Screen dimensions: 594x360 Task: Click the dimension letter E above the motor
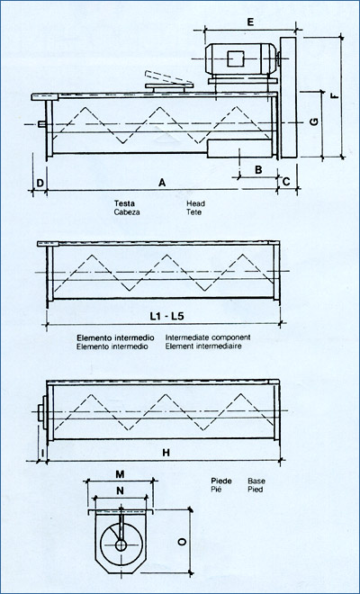click(250, 20)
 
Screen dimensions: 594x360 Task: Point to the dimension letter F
click(335, 96)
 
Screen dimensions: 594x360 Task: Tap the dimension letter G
click(313, 123)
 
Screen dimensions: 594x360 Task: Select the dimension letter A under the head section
click(162, 183)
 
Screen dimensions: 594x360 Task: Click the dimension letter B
click(256, 169)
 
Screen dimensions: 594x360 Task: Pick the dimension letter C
click(286, 183)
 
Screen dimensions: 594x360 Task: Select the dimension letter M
click(120, 473)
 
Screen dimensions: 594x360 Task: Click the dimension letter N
click(120, 491)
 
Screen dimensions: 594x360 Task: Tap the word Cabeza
click(127, 212)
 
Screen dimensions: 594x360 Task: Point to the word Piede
click(220, 481)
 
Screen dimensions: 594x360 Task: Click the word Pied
click(256, 490)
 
